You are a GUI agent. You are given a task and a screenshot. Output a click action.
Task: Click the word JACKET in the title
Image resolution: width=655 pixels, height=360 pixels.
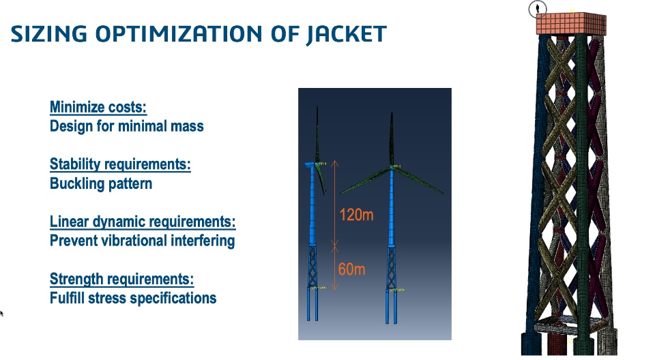tap(346, 34)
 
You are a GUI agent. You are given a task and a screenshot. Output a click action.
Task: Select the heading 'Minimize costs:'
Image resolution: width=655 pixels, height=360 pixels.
tap(98, 107)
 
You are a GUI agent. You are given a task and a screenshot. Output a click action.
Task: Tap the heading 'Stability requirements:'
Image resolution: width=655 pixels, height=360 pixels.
tap(120, 164)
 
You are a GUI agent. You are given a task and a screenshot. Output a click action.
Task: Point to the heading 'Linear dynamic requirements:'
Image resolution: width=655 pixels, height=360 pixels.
tap(143, 222)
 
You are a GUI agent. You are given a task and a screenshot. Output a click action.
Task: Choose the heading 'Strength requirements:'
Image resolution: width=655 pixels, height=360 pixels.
tap(121, 279)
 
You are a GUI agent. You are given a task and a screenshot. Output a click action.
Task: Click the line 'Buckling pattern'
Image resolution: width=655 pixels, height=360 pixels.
tap(101, 184)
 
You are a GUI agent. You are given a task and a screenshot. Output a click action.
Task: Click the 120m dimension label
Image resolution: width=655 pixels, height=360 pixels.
tap(356, 215)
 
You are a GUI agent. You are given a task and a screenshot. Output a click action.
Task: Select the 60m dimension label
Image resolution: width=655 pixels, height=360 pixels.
tap(351, 269)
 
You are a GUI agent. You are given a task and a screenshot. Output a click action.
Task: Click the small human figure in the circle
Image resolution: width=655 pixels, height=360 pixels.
tap(538, 8)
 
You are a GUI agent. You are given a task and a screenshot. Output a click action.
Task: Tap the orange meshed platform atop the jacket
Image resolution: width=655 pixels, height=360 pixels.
tap(571, 24)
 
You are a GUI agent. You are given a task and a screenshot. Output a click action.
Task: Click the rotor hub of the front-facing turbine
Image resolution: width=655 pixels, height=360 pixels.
tap(392, 168)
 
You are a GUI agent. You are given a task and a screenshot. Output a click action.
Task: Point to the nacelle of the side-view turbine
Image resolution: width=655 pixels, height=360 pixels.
tap(312, 164)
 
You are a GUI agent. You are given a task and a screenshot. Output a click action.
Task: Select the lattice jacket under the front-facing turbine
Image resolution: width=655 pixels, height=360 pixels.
tap(392, 267)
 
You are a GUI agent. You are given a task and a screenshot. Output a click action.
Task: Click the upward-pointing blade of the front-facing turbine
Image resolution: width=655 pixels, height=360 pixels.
tap(392, 138)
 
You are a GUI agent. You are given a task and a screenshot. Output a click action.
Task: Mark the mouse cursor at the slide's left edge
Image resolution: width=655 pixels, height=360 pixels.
tap(1, 313)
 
